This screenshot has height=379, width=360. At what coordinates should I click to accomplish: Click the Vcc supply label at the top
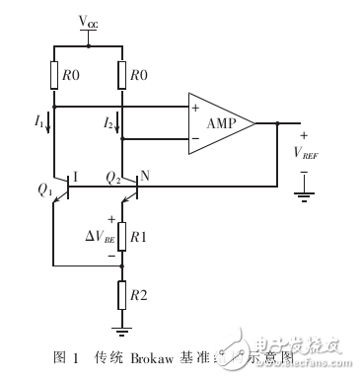click(x=88, y=21)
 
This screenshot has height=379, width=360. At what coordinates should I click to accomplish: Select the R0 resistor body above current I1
click(x=53, y=73)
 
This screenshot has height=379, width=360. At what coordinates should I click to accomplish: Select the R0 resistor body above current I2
click(x=119, y=73)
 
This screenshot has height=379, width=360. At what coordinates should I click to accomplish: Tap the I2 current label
click(x=105, y=123)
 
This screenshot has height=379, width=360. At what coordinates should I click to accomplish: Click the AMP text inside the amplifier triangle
click(x=225, y=123)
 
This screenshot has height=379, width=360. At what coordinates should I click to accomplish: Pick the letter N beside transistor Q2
click(x=145, y=179)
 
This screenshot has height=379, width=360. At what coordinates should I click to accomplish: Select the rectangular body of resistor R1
click(x=120, y=238)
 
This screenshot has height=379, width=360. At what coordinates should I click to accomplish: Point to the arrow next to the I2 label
click(x=116, y=124)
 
